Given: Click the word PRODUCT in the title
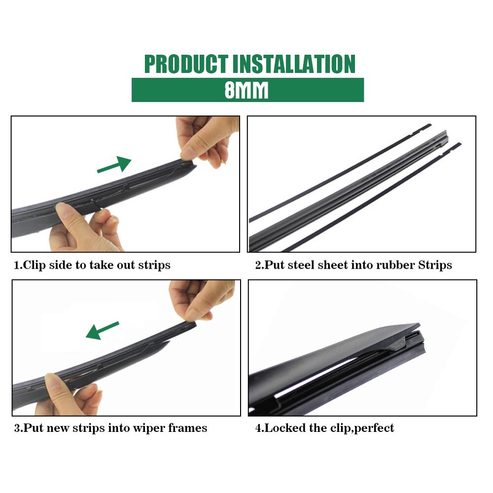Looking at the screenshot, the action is point(186,64).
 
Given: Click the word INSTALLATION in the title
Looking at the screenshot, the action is point(294,64).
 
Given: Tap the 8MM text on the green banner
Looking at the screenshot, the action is point(246,90).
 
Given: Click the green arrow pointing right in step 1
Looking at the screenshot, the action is point(114,165).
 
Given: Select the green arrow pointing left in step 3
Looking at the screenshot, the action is point(103,330).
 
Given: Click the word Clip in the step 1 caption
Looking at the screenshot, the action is point(35,265).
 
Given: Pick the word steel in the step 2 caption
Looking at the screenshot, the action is point(301,265).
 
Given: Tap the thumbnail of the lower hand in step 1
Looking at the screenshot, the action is point(63,209).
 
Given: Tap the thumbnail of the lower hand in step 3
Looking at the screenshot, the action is point(52,381).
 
